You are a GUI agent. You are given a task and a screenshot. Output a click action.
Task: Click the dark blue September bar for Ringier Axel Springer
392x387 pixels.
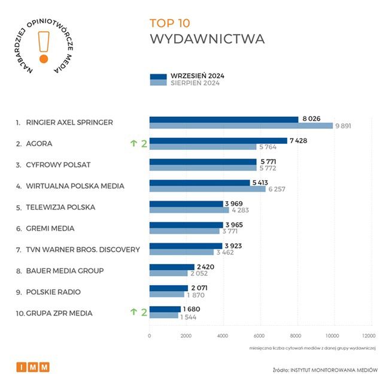(x=223, y=119)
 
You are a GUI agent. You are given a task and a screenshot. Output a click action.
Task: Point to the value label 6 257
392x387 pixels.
(x=279, y=189)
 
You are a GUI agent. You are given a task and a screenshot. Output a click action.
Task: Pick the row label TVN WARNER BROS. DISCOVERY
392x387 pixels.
(x=83, y=249)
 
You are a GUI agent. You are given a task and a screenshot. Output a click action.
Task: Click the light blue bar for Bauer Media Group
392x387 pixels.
(x=168, y=273)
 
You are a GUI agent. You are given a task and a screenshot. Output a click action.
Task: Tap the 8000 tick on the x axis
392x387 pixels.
(x=296, y=335)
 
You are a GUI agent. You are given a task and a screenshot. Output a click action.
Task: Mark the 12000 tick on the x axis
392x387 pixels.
(x=369, y=335)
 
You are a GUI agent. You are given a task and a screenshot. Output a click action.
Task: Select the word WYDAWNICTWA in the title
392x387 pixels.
(x=207, y=40)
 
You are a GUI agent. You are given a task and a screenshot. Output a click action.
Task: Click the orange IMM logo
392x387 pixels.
(x=32, y=367)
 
